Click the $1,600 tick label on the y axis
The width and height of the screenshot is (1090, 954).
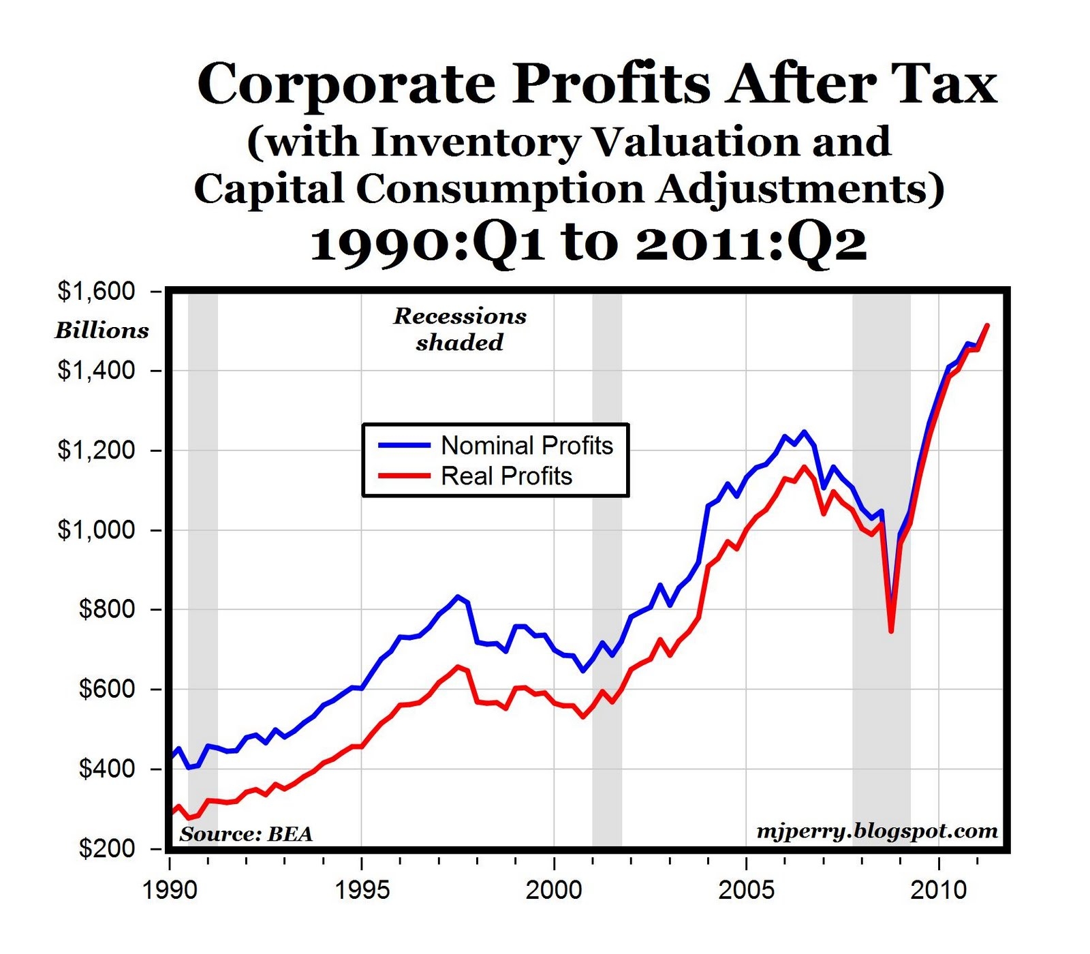coord(96,292)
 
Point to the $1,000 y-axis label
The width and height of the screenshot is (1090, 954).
coord(96,529)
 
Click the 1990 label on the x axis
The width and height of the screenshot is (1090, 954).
coord(170,890)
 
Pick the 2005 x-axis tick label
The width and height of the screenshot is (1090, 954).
coord(747,890)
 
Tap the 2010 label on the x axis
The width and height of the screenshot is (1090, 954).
coord(939,890)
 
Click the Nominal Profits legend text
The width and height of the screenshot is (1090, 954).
coord(527,446)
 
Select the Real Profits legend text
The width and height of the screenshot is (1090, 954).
coord(506,476)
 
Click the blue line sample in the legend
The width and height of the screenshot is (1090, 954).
coord(404,445)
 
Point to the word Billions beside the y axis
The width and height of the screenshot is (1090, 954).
coord(102,330)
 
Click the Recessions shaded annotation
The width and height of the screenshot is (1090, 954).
coord(460,329)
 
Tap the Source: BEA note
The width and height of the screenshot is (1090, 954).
coord(246,834)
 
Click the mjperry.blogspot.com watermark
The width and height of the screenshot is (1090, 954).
coord(877,831)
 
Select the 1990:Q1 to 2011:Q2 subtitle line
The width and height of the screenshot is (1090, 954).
coord(589,244)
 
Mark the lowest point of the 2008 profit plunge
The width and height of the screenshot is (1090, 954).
coord(890,631)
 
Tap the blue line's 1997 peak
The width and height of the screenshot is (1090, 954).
coord(458,596)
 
